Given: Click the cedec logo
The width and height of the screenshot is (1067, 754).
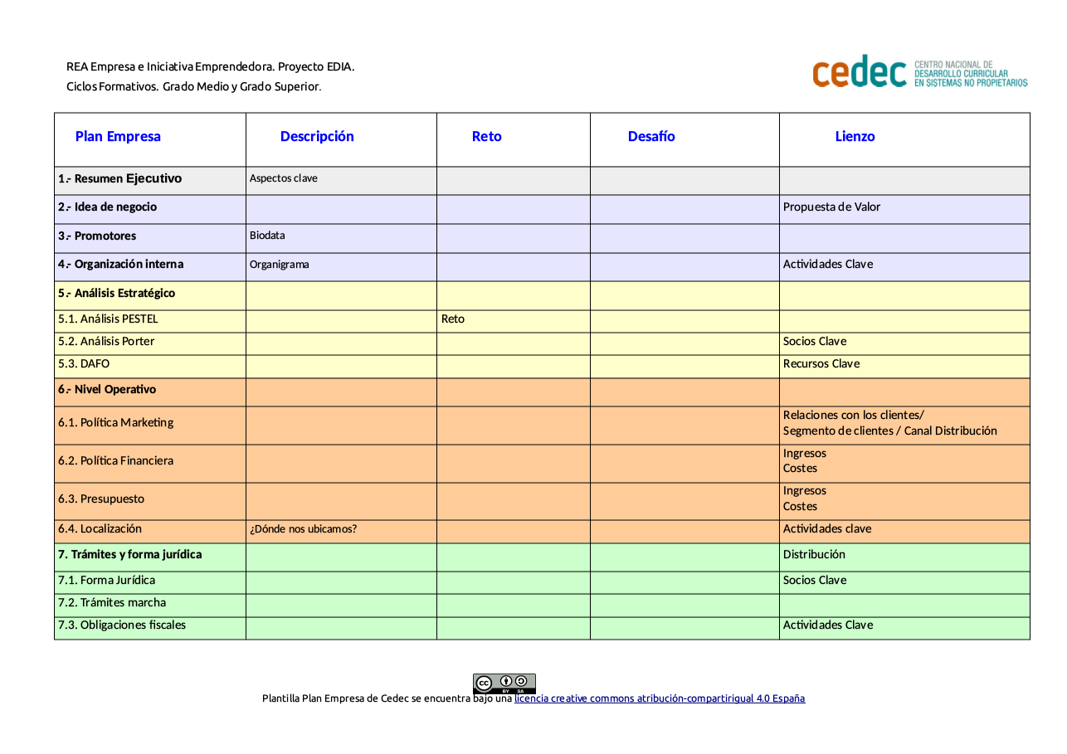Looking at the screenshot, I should pos(918,72).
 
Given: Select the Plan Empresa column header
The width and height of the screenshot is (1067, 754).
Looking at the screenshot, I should pos(118,137).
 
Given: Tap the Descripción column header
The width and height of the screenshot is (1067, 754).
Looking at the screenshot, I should pos(317,137).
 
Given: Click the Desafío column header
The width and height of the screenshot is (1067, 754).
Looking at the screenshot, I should pos(651,137).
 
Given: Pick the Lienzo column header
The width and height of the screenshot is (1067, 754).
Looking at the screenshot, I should pos(855,137).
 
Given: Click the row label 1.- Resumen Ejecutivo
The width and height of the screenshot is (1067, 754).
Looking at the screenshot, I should pos(120,179).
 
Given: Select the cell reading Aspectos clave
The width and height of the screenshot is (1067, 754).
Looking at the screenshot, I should pos(284,178).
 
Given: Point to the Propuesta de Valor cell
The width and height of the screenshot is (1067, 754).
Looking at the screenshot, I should pos(831,207).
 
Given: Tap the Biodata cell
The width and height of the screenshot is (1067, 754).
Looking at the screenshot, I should pos(267,236).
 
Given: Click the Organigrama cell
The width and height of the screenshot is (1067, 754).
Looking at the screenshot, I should pos(280,265).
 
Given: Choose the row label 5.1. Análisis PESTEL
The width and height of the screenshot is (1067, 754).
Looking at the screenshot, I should pos(108,319).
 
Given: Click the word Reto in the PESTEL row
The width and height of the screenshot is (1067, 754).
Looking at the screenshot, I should pos(453,319).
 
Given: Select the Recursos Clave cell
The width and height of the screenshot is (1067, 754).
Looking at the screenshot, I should pos(821,364).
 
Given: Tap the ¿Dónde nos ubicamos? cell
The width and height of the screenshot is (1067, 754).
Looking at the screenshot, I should pos(304,529).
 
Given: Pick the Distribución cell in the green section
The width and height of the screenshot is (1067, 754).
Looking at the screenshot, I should pos(814,555).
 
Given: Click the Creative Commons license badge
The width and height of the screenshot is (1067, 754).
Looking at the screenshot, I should pos(504,683).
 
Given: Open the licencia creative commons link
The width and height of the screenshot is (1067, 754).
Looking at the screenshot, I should pos(660,698).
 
